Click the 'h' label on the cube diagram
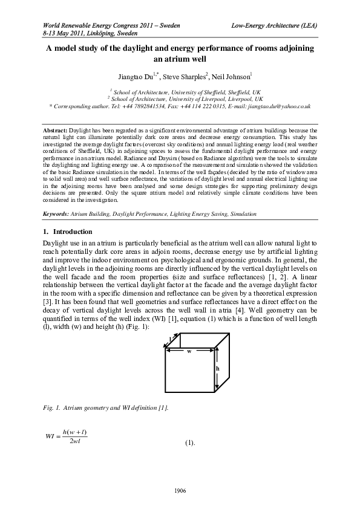tap(218, 368)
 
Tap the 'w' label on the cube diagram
tap(188, 350)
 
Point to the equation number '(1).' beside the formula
tap(189, 444)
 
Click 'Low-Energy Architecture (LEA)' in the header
tap(275, 26)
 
